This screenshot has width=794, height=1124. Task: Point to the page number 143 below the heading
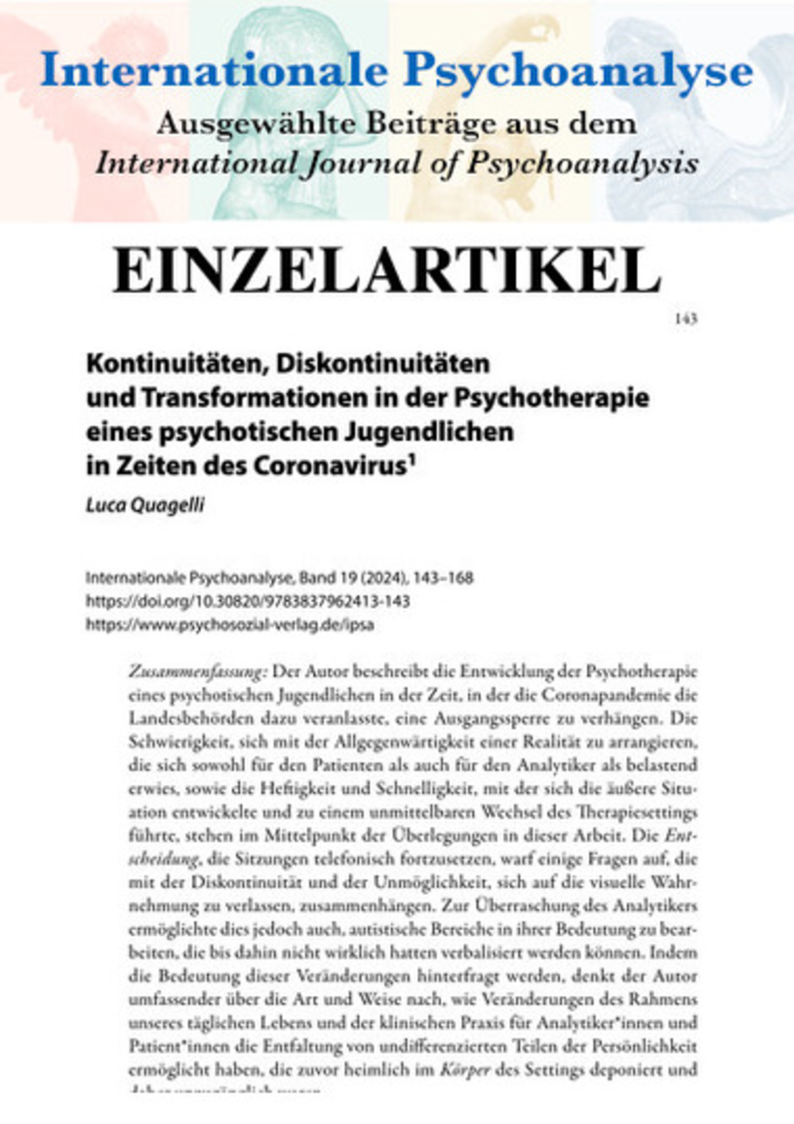click(x=686, y=319)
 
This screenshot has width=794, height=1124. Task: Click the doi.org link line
click(x=248, y=601)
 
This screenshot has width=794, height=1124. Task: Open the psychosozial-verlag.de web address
click(x=230, y=625)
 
